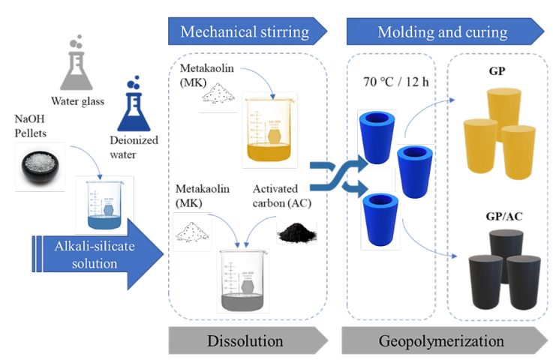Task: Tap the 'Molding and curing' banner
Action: tap(443, 31)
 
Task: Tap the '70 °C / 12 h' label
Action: tap(389, 81)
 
